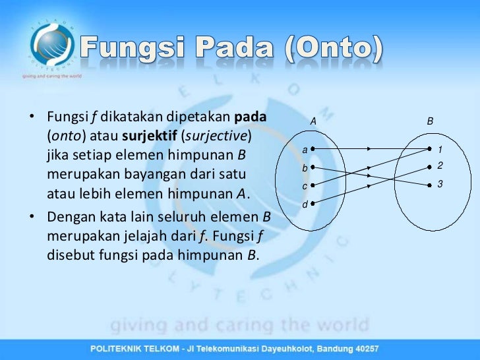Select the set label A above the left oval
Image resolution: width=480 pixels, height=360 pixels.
point(313,121)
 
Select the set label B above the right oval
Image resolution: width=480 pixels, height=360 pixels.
point(430,121)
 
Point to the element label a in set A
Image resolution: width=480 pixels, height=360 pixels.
point(304,150)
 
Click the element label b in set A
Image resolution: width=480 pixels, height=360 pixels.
point(304,169)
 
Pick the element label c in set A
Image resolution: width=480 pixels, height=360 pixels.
point(304,187)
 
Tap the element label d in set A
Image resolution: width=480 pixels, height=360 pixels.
point(304,205)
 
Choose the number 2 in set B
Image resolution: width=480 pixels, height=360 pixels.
point(440,165)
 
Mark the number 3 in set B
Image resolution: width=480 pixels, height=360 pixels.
point(440,185)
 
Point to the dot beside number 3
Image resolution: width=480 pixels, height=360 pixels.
point(429,184)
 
